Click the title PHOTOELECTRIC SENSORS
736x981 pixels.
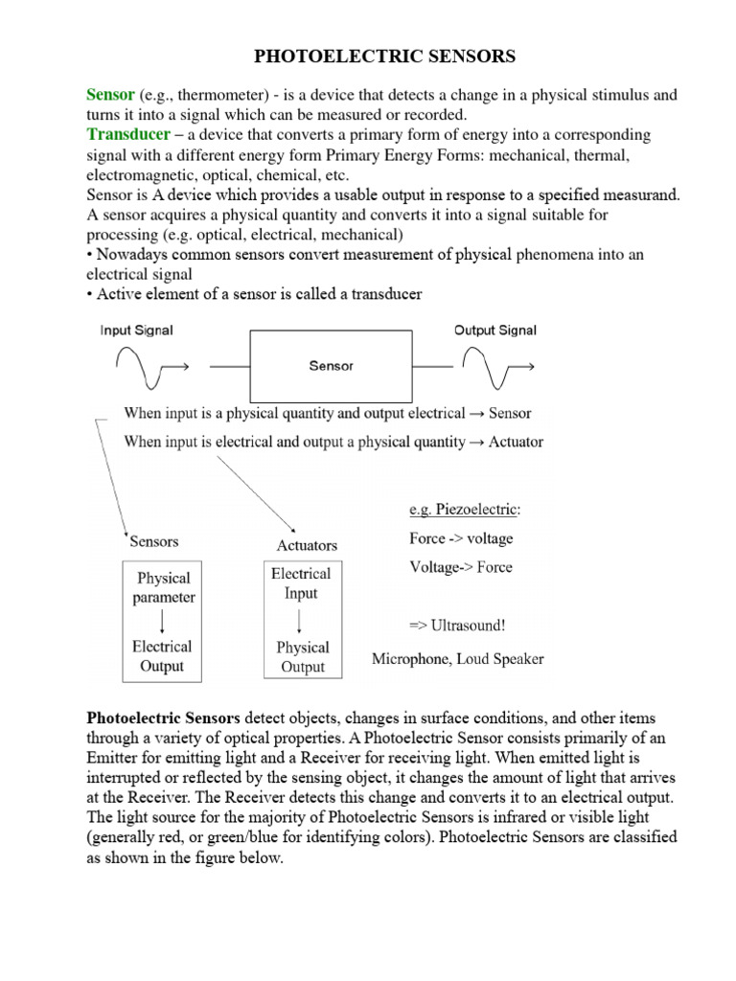tap(384, 57)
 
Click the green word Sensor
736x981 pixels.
tap(110, 95)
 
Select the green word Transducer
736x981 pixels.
tap(128, 134)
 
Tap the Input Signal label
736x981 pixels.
tap(136, 331)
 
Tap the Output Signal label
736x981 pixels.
tap(494, 331)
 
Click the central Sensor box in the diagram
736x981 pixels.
tap(332, 366)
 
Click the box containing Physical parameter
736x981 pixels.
tap(162, 622)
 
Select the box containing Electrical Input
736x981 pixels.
tap(301, 619)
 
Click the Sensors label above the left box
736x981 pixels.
tap(153, 541)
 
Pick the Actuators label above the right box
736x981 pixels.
tap(307, 545)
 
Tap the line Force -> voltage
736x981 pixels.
tap(461, 538)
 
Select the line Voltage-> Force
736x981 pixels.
tap(461, 567)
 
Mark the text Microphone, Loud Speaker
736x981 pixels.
tap(458, 659)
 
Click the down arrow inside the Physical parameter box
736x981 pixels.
tap(163, 622)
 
